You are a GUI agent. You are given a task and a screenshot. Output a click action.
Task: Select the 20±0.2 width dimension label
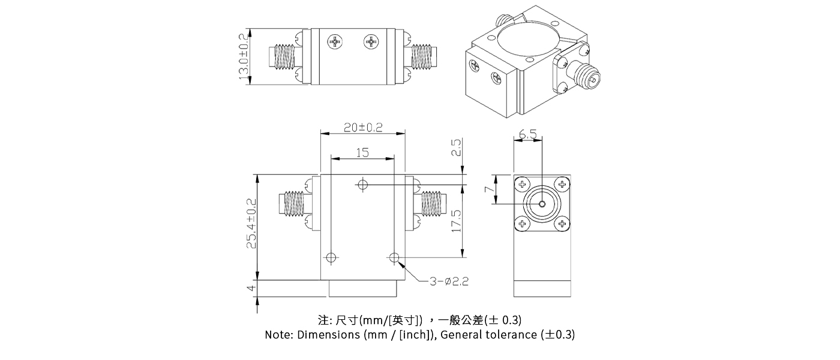(x=363, y=127)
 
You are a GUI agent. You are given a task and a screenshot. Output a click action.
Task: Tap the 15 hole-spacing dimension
(x=362, y=153)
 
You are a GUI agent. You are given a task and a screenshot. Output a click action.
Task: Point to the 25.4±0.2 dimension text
(x=252, y=223)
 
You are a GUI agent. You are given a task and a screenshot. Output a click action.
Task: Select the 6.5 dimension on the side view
(x=528, y=135)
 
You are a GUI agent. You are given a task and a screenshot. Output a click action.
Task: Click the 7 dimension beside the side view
(x=489, y=190)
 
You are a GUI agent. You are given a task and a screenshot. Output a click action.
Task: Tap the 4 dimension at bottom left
(x=252, y=288)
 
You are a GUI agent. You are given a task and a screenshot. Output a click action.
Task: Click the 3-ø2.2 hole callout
(x=449, y=281)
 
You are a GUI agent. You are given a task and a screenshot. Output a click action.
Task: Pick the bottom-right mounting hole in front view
(x=394, y=258)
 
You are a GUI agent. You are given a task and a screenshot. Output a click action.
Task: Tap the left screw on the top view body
(x=334, y=41)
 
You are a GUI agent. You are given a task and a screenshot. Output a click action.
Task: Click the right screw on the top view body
(x=371, y=41)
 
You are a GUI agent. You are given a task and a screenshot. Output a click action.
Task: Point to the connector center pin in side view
(x=542, y=204)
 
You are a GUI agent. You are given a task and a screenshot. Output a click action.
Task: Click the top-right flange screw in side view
(x=562, y=184)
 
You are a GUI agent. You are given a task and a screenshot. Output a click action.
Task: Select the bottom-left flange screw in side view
(x=522, y=224)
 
